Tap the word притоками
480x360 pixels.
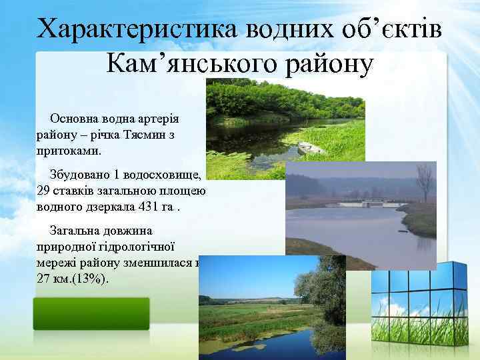[69, 151]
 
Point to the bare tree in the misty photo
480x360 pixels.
[424, 179]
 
